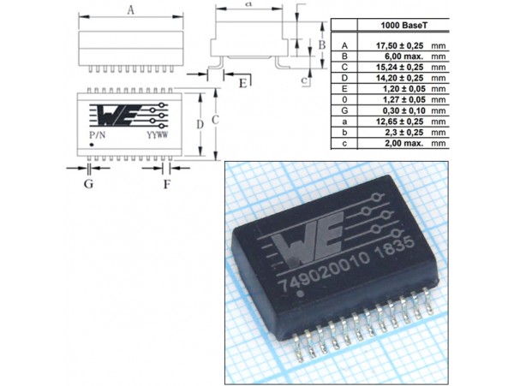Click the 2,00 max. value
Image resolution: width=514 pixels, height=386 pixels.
388,145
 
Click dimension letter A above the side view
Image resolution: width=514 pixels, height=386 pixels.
130,10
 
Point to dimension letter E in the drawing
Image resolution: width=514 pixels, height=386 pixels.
243,82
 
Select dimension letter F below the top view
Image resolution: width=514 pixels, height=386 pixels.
166,182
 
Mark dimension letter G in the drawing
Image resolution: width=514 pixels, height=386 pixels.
88,182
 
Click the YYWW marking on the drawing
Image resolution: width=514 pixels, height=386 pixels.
156,135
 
